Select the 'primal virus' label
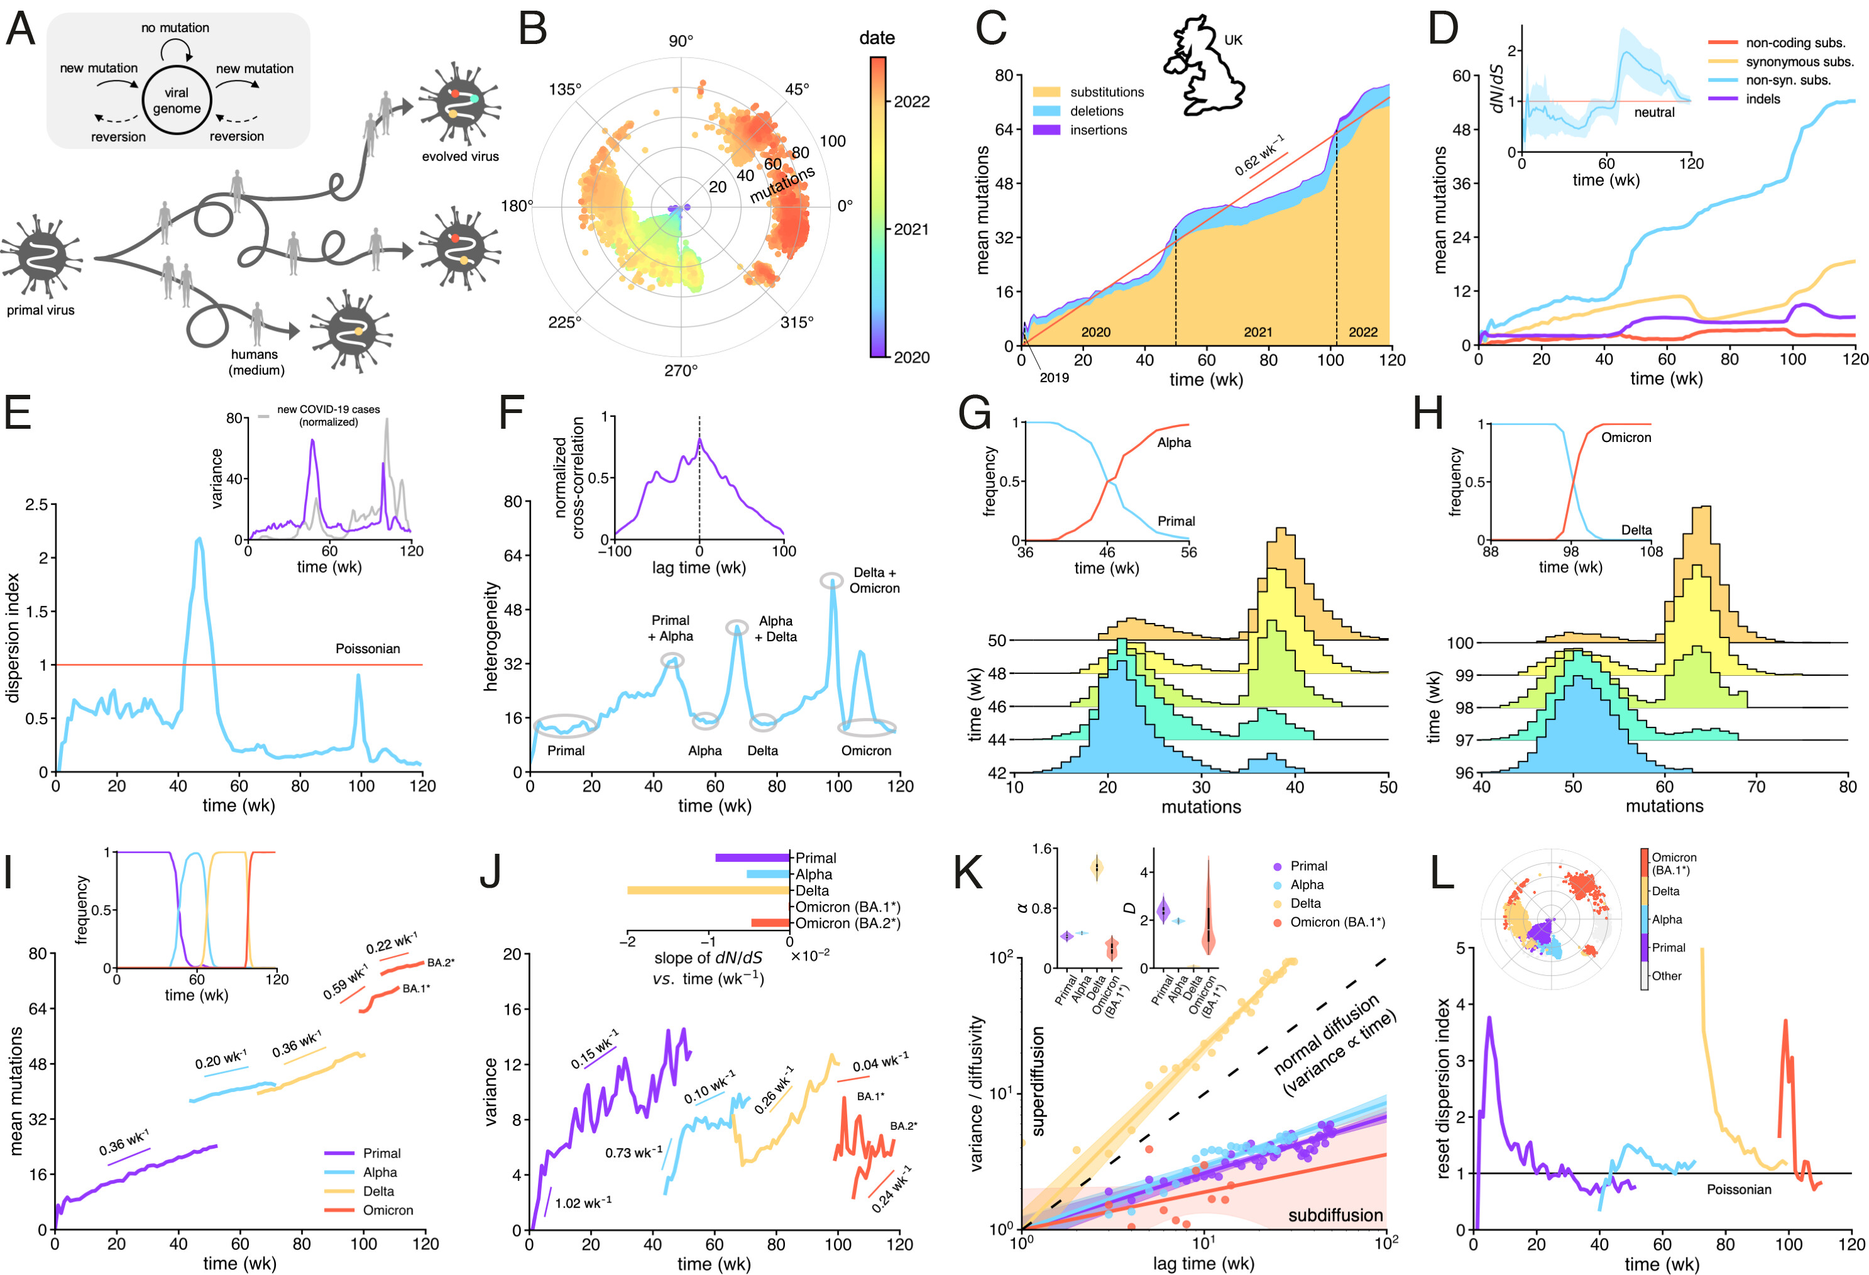[40, 310]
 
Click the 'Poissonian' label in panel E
[368, 648]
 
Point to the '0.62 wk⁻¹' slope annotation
[1259, 155]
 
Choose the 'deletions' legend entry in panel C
[1096, 111]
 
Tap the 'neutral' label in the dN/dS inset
[1653, 113]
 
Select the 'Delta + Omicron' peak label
[874, 580]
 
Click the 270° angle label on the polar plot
[681, 370]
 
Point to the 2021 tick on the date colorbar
[911, 229]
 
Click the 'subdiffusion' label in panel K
[1335, 1215]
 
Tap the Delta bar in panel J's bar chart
[708, 890]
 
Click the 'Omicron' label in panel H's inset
[1625, 438]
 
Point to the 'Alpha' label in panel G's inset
[1173, 443]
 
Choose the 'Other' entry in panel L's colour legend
[1667, 976]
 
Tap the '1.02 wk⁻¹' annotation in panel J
[583, 1203]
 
